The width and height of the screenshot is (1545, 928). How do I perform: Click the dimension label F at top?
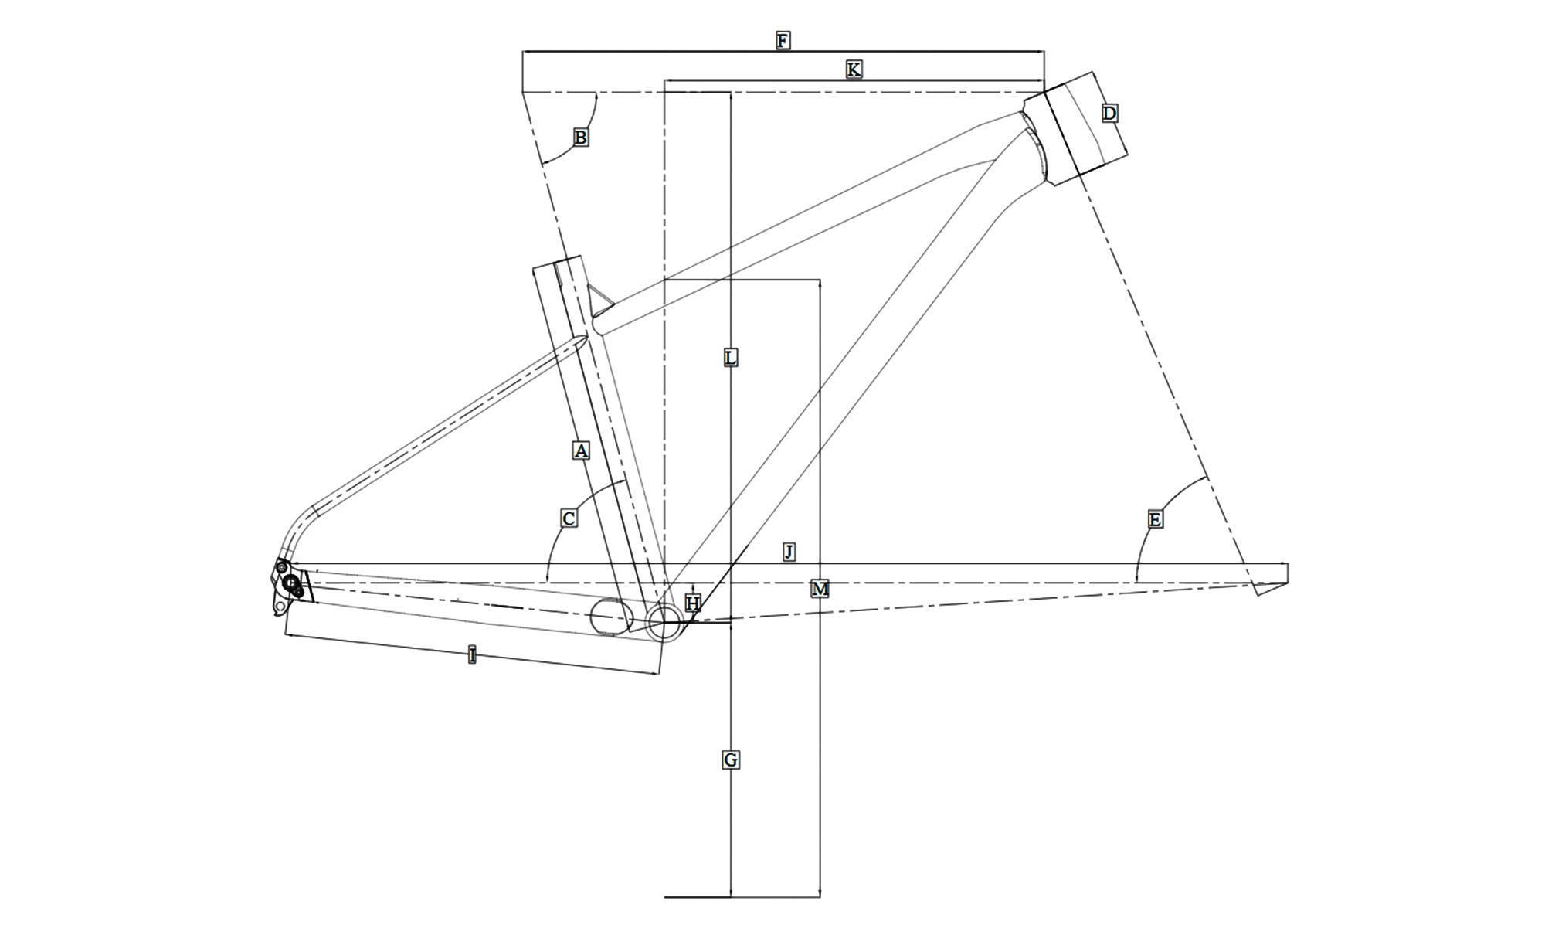pos(783,40)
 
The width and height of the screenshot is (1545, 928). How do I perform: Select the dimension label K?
pos(853,70)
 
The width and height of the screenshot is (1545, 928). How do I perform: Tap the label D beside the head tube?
pos(1109,114)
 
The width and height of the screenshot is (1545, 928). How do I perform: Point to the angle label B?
pos(580,138)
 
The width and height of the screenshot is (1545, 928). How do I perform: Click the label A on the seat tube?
pos(581,450)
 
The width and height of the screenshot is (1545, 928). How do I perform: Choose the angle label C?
pos(569,518)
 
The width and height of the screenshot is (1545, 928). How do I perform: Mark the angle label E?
pos(1155,520)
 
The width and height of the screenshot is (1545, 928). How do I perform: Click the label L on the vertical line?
pos(730,358)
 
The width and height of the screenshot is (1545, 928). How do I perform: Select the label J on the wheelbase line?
pos(789,552)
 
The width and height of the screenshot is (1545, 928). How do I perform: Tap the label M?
pos(820,590)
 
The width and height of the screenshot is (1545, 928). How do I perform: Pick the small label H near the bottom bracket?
pos(693,603)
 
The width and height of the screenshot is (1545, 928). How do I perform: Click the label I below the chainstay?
pos(472,656)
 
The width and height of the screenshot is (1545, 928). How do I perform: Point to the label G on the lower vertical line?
pos(730,760)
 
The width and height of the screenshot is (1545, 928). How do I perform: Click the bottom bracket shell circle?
pos(664,622)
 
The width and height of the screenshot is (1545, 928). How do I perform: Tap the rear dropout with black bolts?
pos(290,585)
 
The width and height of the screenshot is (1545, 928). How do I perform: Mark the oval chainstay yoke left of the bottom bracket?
pos(611,617)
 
